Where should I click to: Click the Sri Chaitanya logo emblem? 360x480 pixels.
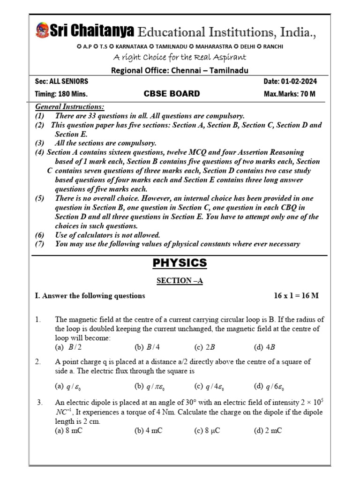pos(42,30)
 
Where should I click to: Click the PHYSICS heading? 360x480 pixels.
pos(180,263)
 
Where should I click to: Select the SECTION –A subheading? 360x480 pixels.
pos(180,281)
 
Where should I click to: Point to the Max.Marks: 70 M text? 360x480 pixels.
pos(290,94)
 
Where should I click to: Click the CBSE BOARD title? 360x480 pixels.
pos(172,94)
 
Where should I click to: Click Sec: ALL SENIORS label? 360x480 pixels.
pos(62,82)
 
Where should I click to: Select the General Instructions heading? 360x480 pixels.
pos(70,107)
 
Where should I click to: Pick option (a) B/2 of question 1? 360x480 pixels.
pos(65,347)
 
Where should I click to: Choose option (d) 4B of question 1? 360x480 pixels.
pos(264,347)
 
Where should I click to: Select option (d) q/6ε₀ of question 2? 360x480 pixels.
pos(269,387)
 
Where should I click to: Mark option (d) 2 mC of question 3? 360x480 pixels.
pos(268,431)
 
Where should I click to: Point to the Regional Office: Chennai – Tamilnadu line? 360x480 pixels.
pos(180,70)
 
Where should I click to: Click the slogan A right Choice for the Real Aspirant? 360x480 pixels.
pos(180,57)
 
